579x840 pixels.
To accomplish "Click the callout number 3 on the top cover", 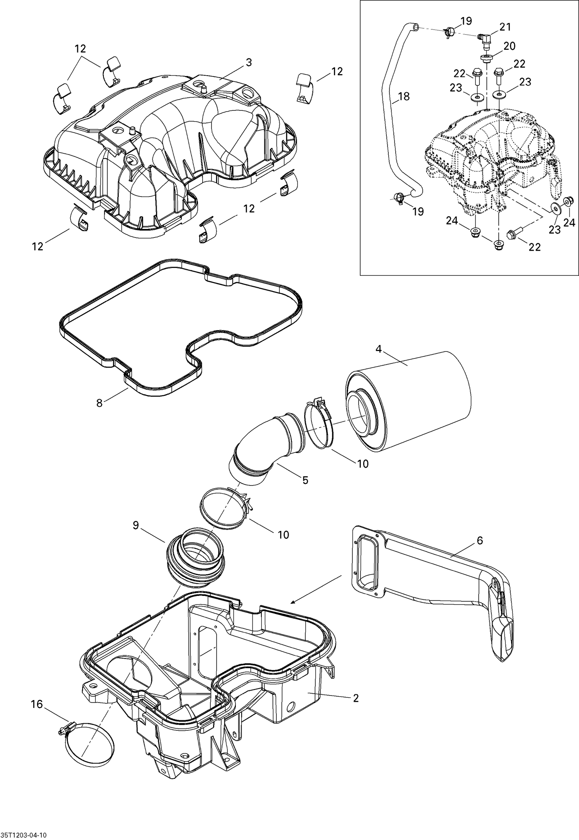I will coord(249,63).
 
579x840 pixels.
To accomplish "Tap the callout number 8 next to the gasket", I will coord(100,403).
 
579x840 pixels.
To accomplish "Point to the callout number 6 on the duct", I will coord(480,540).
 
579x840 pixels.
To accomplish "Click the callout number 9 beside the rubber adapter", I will coord(135,525).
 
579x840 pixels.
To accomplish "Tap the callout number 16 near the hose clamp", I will coord(37,704).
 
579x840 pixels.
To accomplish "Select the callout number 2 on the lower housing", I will coord(356,698).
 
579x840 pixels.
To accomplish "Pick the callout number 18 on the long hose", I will coord(403,96).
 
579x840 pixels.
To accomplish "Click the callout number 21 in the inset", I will coord(505,27).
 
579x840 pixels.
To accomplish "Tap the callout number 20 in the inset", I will coord(510,46).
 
